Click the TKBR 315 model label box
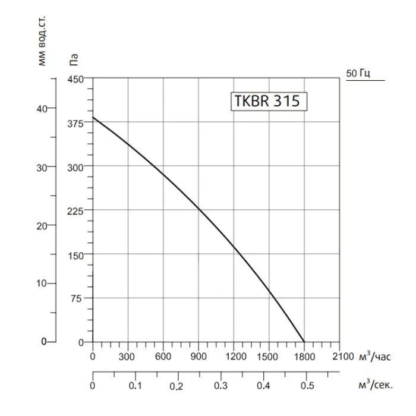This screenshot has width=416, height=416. coord(269,101)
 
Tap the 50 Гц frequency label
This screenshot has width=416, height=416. coord(358,74)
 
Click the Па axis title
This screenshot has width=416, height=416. coord(74,59)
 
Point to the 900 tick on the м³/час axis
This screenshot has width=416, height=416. coord(198,357)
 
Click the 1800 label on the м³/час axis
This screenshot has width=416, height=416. coord(304,357)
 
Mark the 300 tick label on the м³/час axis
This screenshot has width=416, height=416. coord(128,357)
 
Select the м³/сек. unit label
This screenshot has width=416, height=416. coord(376,385)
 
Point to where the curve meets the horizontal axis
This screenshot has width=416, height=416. coord(304,342)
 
